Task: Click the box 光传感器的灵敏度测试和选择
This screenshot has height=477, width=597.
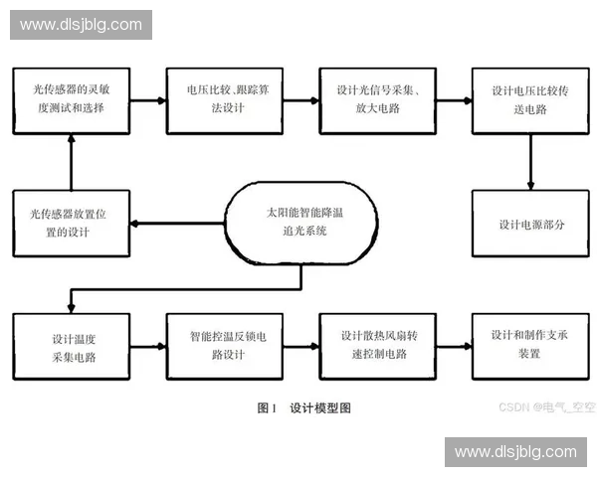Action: coord(71,100)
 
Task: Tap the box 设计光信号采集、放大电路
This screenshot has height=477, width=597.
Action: coord(376,100)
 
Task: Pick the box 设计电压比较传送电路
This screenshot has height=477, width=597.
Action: coord(530,100)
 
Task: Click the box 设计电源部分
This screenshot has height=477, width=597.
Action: coord(530,224)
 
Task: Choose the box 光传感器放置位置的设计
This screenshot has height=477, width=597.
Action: coord(71,223)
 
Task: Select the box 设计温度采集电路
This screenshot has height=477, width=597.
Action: coord(71,345)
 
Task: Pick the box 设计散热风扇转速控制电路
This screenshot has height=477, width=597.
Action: coord(376,345)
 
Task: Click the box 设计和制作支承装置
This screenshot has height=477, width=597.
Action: coord(530,345)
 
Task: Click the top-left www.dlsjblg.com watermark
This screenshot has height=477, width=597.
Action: coord(83,24)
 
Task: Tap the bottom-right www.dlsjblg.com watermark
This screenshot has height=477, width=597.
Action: coord(514,452)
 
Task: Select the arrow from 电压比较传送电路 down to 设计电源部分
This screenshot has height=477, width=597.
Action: coord(530,161)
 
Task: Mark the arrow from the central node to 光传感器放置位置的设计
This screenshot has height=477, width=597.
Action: coord(179,223)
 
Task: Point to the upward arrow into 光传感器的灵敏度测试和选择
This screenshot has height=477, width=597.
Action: coord(71,161)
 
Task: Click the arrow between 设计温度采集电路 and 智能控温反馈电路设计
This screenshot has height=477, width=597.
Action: coord(147,345)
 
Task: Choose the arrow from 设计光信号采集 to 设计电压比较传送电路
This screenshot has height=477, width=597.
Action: coord(453,100)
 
